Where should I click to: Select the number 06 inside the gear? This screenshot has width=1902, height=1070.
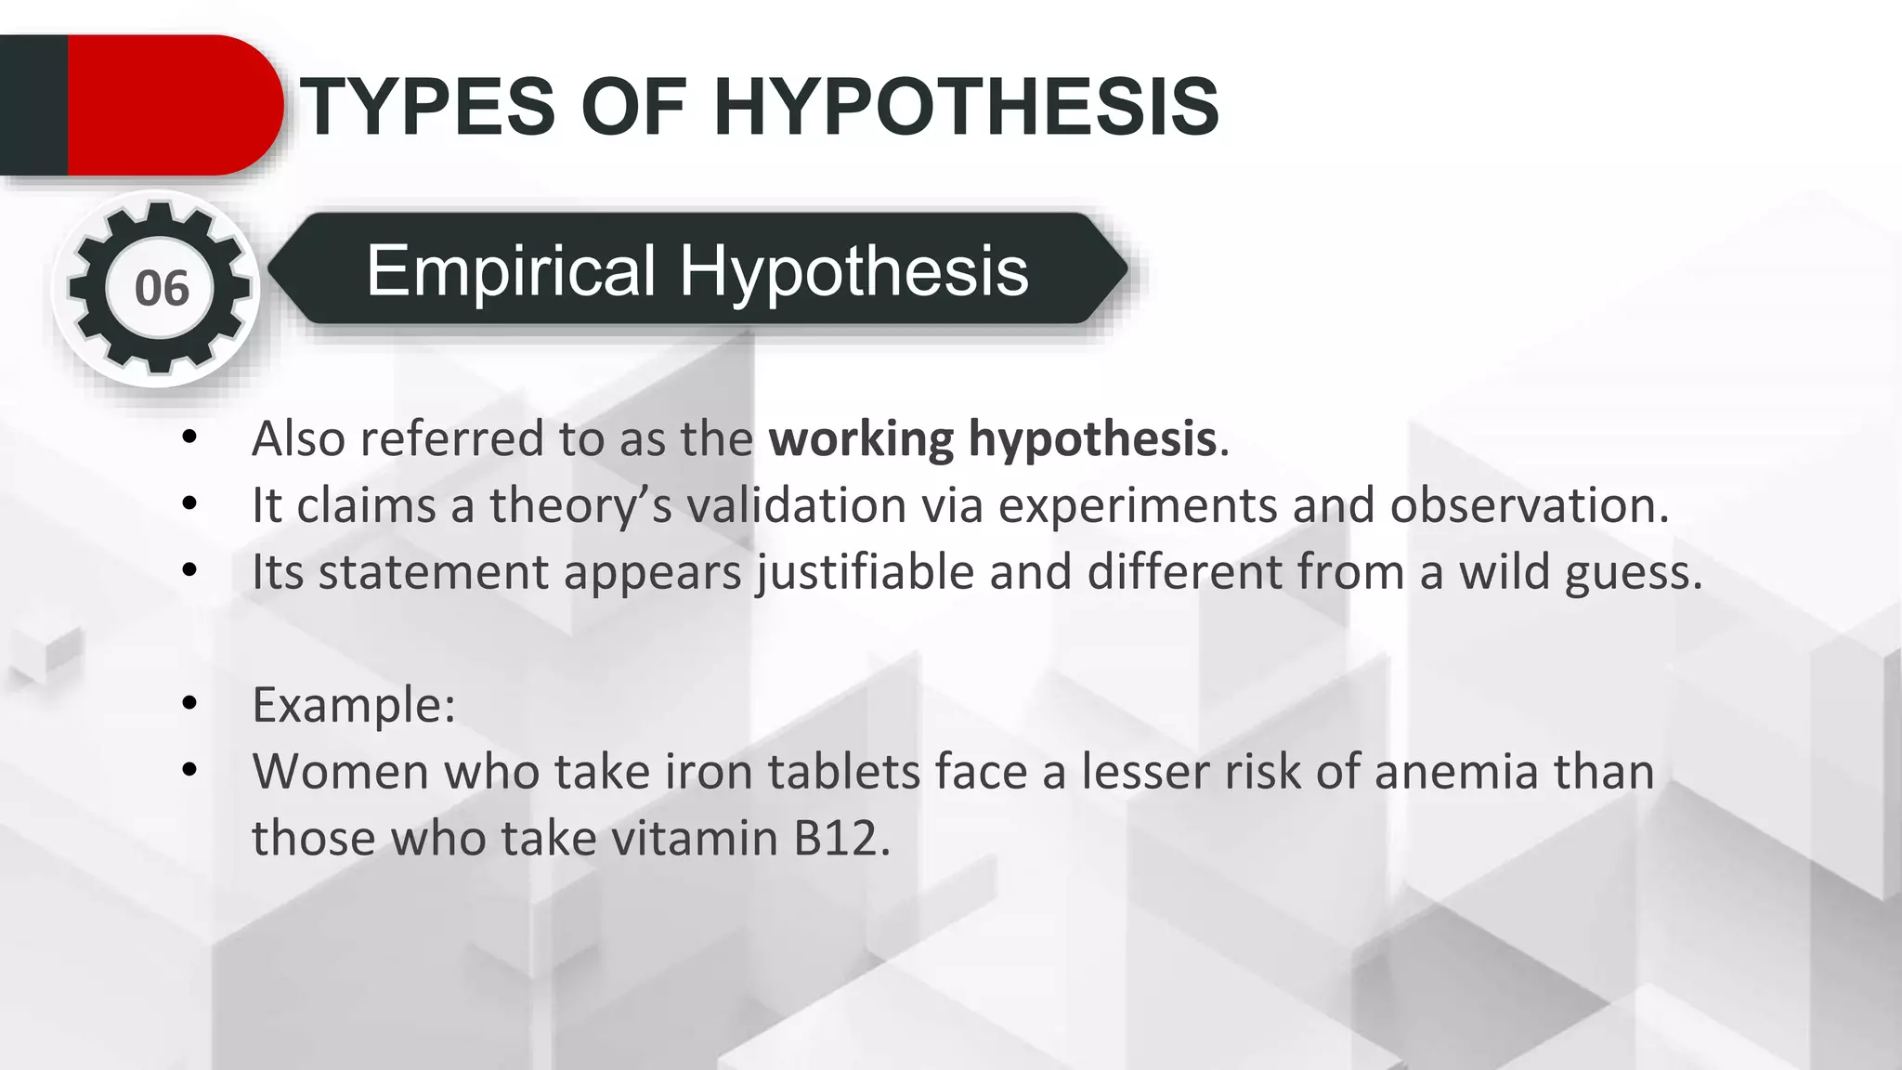pos(162,288)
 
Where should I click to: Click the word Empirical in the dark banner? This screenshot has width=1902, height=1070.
pos(512,270)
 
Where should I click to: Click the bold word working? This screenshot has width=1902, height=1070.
pos(861,438)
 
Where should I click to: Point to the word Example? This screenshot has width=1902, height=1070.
pos(354,704)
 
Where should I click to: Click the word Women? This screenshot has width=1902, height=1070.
pos(340,771)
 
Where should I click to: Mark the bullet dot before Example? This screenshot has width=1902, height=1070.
pos(190,703)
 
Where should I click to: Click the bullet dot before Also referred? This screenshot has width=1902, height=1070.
pos(190,437)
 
